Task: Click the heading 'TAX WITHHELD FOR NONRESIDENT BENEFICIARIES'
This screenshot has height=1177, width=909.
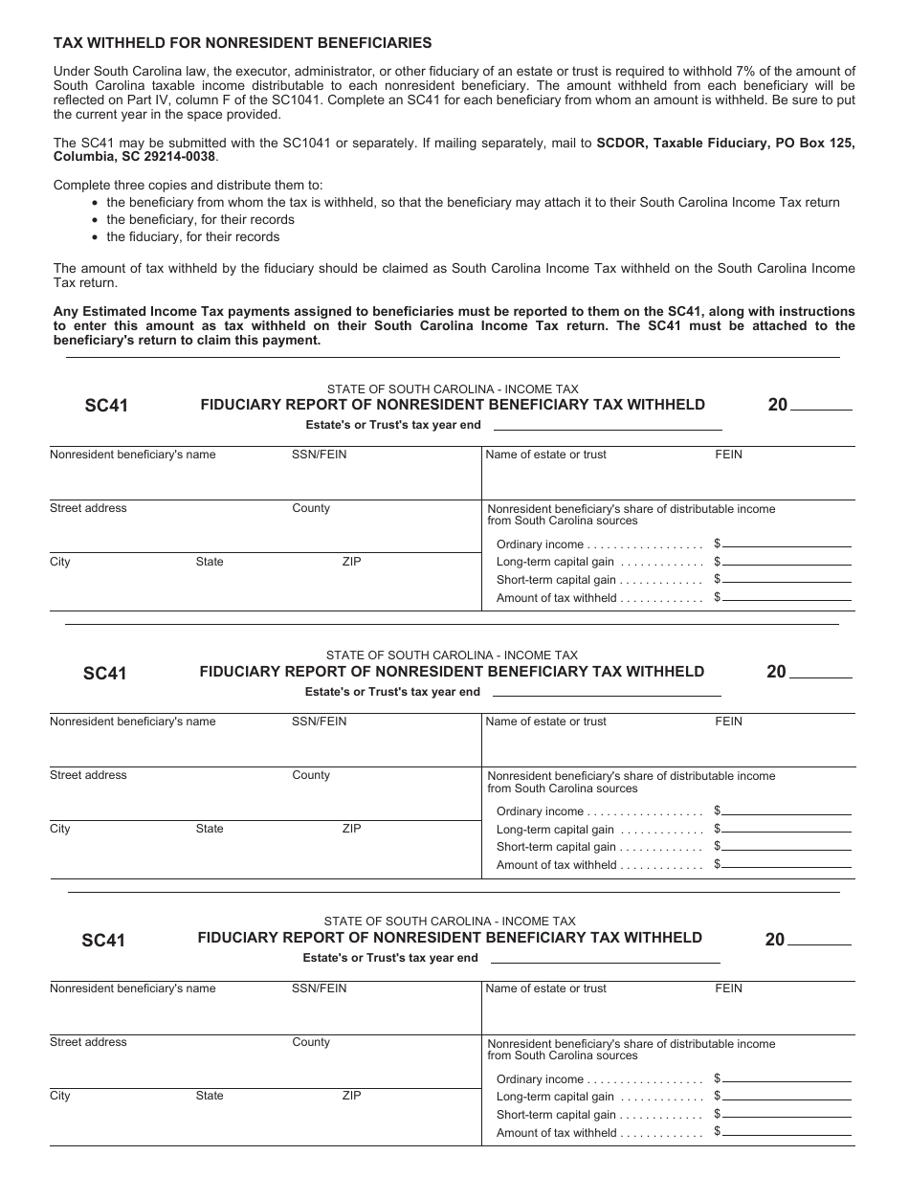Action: pos(242,43)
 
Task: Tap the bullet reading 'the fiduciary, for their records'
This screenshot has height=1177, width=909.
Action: pos(192,236)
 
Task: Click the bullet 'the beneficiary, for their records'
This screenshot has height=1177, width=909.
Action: pos(200,219)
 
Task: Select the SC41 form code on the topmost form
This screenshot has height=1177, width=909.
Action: pos(105,406)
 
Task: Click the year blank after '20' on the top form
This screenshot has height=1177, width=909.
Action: pos(821,406)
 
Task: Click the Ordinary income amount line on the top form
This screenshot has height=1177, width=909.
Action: pos(787,544)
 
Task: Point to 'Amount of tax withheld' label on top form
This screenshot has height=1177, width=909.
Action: pos(556,598)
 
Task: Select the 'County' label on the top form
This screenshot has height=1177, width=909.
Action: pos(311,508)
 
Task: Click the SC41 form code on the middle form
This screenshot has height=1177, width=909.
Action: pos(104,673)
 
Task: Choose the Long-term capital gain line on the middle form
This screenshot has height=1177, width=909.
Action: pos(787,829)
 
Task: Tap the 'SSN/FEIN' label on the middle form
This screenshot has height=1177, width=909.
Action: pos(320,722)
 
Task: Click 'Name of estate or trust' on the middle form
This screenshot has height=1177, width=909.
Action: pos(545,722)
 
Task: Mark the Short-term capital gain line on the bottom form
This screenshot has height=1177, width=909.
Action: pos(787,1114)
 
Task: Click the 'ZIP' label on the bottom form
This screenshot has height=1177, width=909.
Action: pos(351,1096)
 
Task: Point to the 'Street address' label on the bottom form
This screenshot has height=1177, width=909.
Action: pos(88,1042)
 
